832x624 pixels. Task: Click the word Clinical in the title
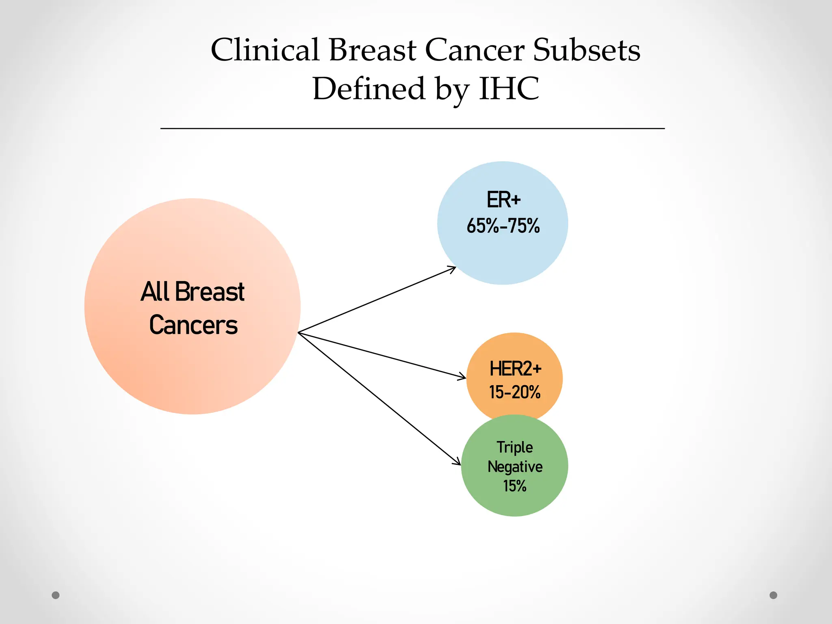264,50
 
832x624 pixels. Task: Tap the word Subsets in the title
587,50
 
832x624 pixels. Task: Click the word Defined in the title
368,89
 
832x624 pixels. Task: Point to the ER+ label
503,200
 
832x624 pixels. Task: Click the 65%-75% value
503,226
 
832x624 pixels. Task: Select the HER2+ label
515,369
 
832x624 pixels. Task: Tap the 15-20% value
515,392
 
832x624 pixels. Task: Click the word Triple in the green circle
515,447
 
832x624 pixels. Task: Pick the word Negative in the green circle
515,467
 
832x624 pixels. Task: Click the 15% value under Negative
515,486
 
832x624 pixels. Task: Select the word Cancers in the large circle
193,325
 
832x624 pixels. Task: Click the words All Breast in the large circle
193,292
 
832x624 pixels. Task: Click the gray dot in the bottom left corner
56,595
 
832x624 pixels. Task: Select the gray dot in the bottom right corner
773,595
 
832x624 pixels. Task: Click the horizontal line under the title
412,128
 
